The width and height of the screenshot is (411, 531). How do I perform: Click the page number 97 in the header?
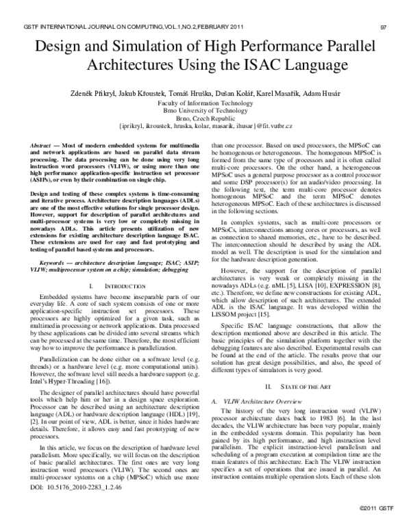point(384,28)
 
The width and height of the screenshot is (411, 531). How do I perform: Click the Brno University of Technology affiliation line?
point(206,109)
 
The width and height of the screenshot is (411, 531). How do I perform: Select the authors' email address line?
point(206,127)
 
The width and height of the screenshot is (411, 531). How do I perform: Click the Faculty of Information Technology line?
point(206,101)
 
